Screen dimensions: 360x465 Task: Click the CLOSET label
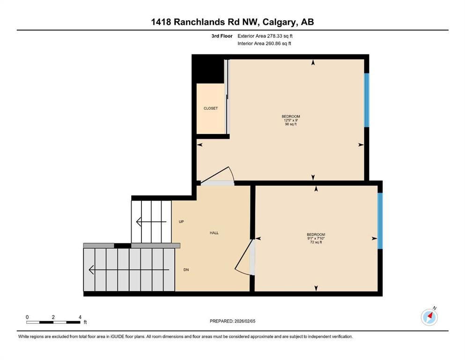click(x=210, y=108)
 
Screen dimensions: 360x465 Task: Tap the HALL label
click(x=214, y=232)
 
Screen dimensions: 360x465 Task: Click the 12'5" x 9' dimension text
click(x=290, y=120)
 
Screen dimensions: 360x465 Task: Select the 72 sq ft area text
click(x=316, y=242)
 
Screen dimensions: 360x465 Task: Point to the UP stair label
click(x=181, y=221)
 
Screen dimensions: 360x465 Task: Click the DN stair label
click(x=186, y=270)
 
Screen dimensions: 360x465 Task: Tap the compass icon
click(x=429, y=317)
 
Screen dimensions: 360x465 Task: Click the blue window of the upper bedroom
click(x=367, y=100)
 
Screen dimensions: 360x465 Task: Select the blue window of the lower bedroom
click(x=380, y=220)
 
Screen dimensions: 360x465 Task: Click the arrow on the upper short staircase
click(x=150, y=221)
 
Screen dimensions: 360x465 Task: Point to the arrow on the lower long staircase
click(x=126, y=270)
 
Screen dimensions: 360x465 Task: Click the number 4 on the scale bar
click(x=80, y=317)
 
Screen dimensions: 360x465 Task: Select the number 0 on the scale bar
click(x=28, y=317)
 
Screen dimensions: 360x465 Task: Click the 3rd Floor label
click(x=222, y=36)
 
